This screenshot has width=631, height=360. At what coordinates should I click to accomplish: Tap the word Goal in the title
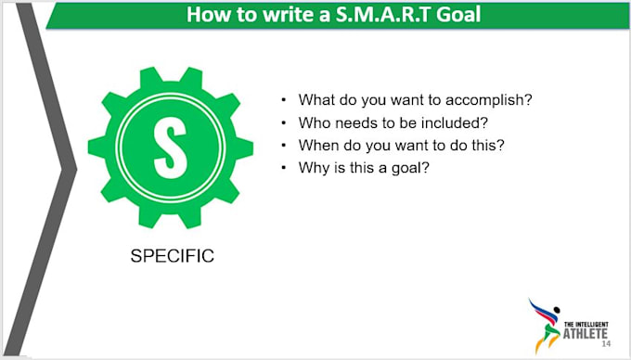454,16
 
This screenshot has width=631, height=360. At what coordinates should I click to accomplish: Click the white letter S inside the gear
164,146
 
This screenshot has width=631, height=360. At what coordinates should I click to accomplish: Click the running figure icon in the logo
544,321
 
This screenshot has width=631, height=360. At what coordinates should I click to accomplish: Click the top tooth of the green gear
164,72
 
